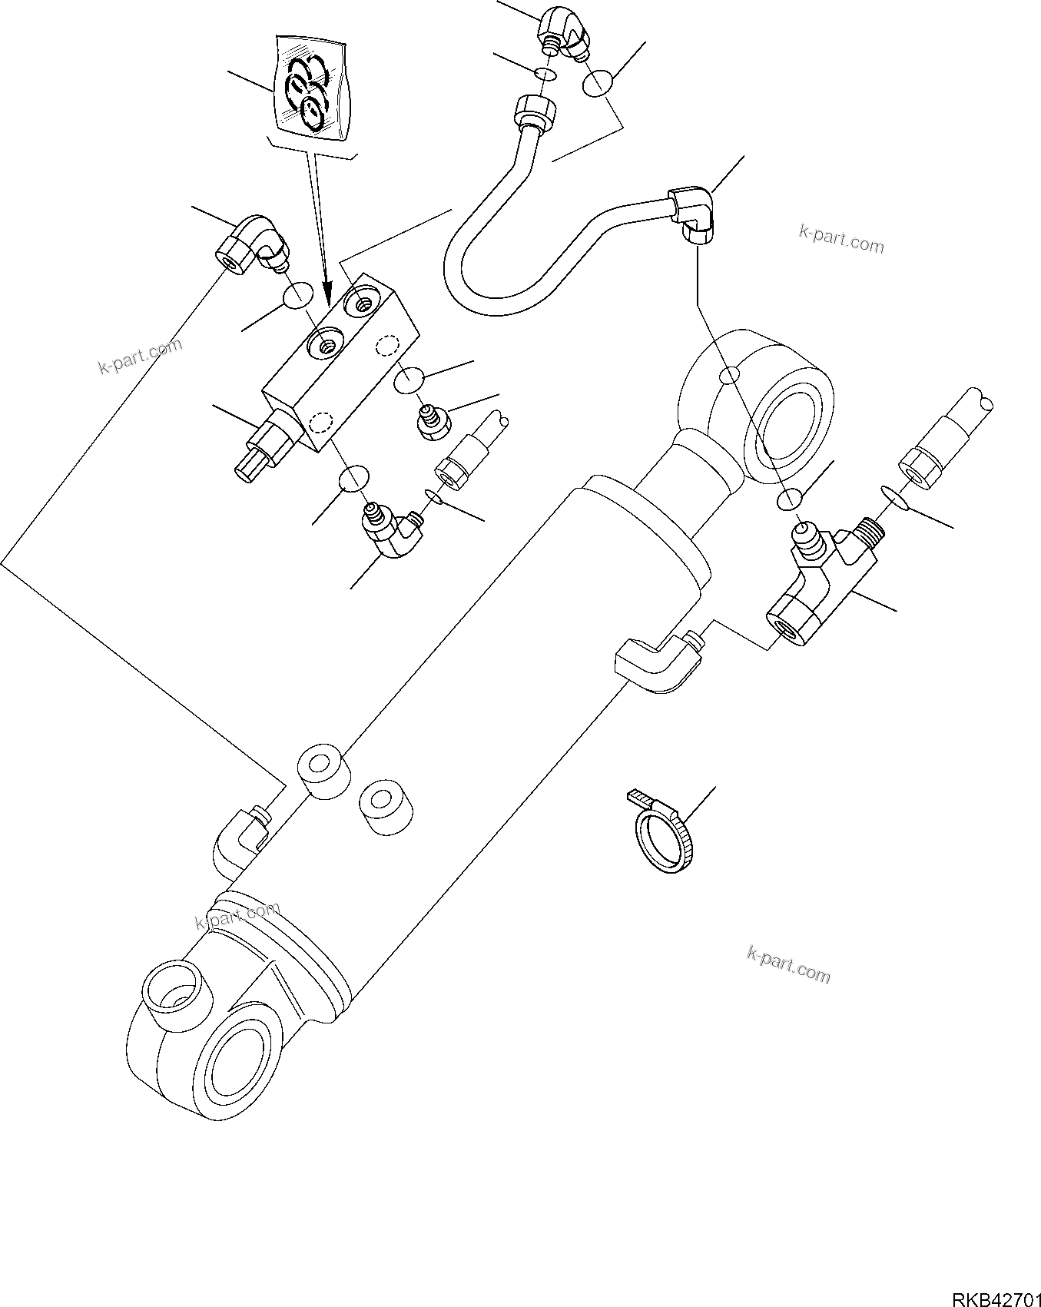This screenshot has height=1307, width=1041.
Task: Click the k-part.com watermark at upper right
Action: pyautogui.click(x=842, y=240)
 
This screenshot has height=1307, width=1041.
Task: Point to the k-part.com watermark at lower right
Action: pyautogui.click(x=788, y=964)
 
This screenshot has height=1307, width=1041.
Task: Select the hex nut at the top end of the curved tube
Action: pyautogui.click(x=532, y=111)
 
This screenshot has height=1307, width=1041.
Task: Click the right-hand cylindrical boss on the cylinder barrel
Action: pyautogui.click(x=385, y=806)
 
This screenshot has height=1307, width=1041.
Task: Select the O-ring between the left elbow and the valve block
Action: pyautogui.click(x=297, y=296)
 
